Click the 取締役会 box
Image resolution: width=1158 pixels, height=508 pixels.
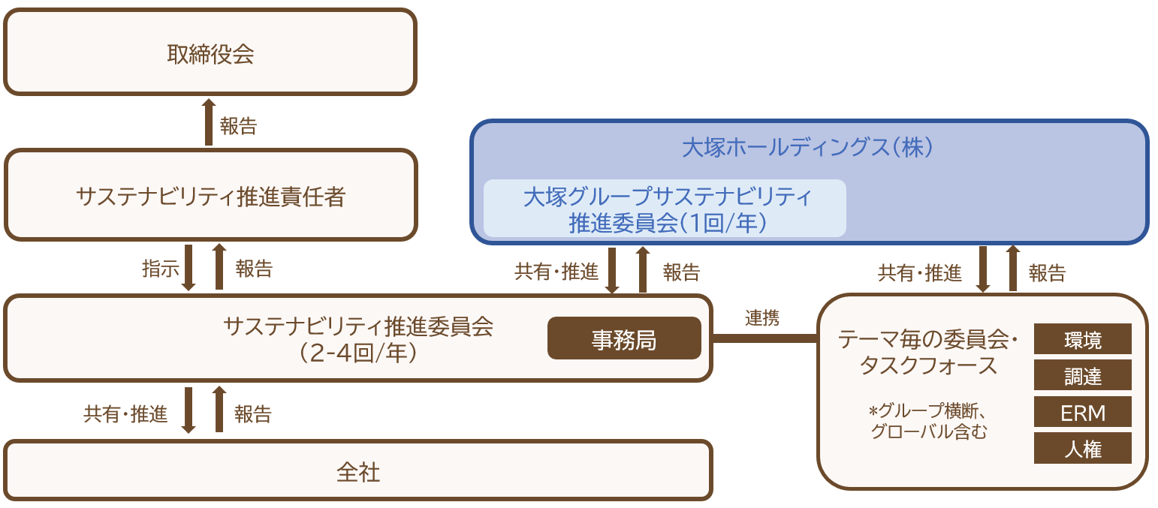(x=210, y=53)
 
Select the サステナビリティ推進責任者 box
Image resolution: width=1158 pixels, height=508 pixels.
(x=210, y=195)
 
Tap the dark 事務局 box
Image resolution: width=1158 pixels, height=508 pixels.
(x=623, y=339)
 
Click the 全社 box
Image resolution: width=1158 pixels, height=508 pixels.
(x=357, y=470)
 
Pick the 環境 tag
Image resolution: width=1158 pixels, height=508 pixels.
(x=1082, y=339)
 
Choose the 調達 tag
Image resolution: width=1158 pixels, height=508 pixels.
(x=1082, y=375)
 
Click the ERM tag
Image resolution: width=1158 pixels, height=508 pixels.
(x=1082, y=412)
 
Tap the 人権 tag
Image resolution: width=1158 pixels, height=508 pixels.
(x=1082, y=448)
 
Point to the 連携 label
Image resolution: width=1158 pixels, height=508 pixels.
(x=762, y=317)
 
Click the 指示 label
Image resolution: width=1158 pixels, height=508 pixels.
(x=160, y=268)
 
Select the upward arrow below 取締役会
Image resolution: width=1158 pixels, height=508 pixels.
(x=209, y=122)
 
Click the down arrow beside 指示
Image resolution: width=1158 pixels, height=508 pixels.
(x=188, y=267)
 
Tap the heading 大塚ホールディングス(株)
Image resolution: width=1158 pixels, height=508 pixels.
(x=808, y=147)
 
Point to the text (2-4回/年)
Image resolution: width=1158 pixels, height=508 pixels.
(x=357, y=353)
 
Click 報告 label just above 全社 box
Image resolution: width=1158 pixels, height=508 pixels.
(x=253, y=413)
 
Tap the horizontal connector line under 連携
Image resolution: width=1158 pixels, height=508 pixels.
(x=764, y=338)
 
